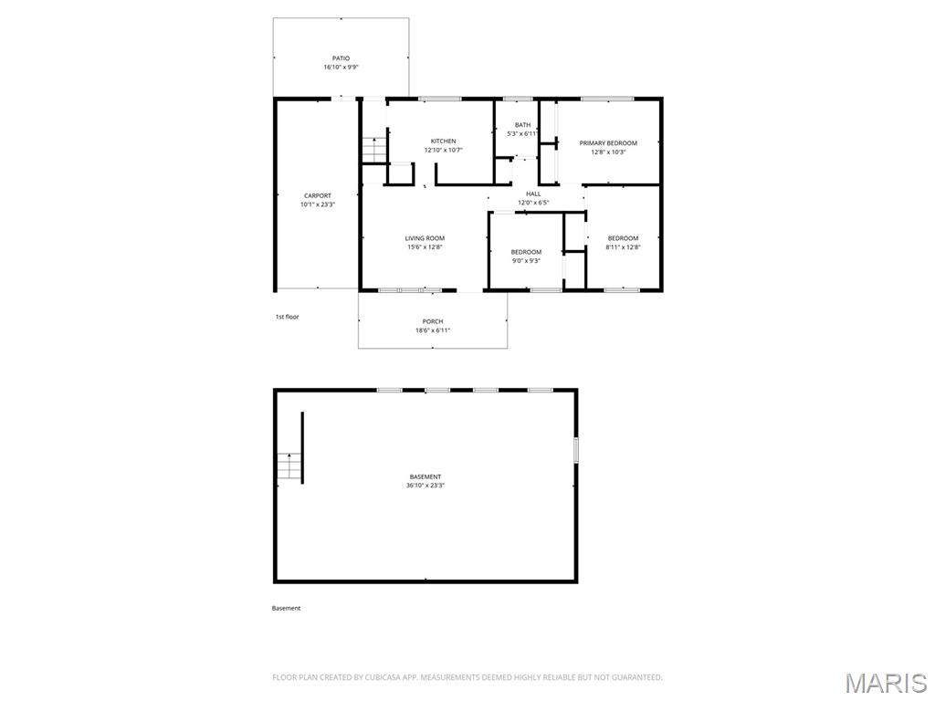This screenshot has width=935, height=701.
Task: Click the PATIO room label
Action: coord(341,58)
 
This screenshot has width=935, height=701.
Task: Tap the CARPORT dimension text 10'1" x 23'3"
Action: coord(318,204)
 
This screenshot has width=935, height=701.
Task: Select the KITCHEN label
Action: coord(444,141)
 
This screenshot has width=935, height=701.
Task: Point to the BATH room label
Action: coord(522,125)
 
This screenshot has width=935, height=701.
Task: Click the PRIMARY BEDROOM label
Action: coord(608,143)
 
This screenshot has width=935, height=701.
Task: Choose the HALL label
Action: coord(533,194)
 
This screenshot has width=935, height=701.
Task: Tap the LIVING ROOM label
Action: coord(425,238)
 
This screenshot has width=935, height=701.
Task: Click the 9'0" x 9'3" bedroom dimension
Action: coord(526,261)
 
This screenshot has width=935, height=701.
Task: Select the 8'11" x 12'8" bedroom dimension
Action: coord(623,247)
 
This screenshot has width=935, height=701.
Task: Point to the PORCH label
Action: coord(433,321)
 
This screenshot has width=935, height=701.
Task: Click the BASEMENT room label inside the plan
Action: coord(425,476)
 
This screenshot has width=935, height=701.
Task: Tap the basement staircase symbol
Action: coord(289,466)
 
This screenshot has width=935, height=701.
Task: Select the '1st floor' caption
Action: coord(287,317)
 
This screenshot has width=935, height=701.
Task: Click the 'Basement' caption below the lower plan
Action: coord(286,608)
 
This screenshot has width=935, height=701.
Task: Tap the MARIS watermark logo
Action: coord(885,683)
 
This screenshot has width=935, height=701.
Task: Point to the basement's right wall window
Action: coord(576,450)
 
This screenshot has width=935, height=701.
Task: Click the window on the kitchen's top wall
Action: coord(440,99)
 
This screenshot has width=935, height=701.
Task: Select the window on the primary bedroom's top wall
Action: coord(607,99)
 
